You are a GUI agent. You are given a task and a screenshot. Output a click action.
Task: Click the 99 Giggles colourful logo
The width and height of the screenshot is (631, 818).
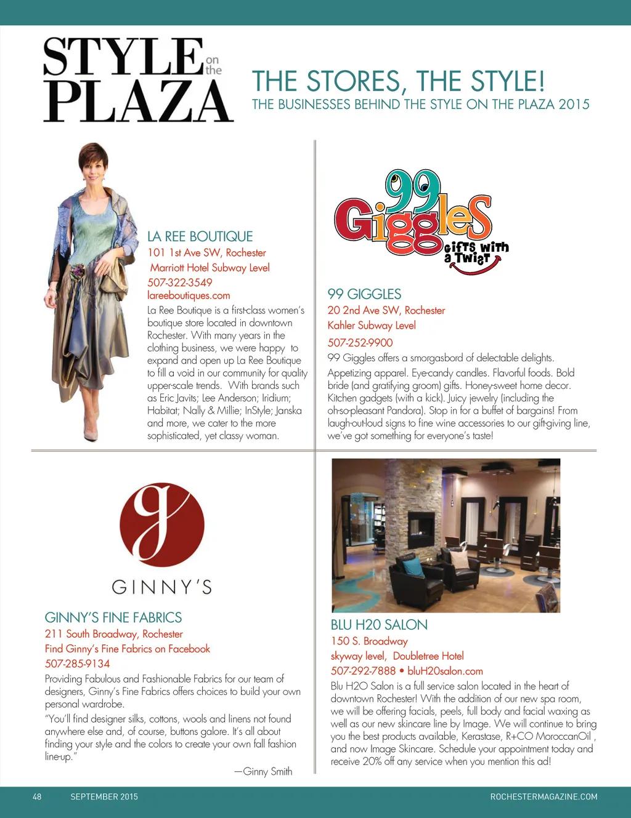[419, 222]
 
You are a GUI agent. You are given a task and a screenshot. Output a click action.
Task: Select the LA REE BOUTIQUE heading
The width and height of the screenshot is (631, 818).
[200, 237]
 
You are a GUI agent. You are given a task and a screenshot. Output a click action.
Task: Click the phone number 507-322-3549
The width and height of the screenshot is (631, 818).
[180, 283]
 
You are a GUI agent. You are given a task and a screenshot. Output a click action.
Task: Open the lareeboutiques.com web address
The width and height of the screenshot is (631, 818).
[189, 295]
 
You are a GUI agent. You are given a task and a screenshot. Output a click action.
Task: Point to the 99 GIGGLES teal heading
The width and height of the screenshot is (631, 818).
[364, 294]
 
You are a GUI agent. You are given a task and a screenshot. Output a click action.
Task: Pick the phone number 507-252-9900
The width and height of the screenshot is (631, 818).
[360, 343]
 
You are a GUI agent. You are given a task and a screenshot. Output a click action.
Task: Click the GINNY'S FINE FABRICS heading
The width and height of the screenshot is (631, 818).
[113, 618]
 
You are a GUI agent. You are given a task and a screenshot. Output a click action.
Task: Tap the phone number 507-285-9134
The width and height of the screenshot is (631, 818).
[77, 664]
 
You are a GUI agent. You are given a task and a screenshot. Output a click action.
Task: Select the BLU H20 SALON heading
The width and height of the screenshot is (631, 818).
[379, 625]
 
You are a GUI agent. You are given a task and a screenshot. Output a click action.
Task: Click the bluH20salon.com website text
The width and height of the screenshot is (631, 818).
[445, 671]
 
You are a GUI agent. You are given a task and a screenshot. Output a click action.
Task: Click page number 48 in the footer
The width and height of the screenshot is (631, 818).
[37, 796]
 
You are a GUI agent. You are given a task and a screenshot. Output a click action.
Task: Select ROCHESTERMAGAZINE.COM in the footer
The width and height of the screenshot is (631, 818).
[543, 796]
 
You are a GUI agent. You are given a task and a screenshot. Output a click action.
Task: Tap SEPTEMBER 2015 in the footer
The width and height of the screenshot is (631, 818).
[104, 796]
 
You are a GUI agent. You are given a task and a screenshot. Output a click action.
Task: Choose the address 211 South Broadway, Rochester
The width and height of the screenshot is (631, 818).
[113, 634]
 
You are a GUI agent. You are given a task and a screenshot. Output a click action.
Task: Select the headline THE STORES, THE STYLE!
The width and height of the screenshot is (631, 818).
[398, 81]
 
